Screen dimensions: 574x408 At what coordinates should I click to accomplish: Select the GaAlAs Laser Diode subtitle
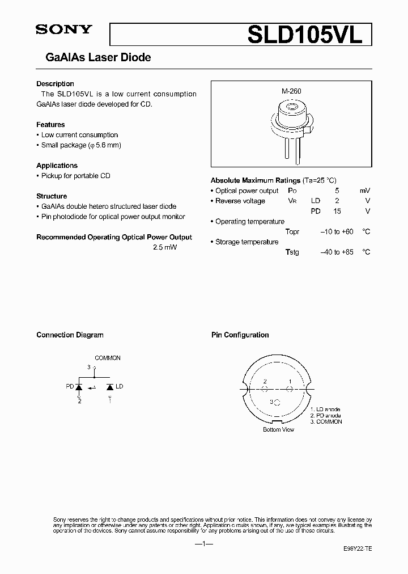pos(93,58)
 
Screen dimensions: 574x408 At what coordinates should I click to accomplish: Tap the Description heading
pos(55,84)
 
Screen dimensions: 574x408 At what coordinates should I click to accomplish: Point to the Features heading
pos(50,125)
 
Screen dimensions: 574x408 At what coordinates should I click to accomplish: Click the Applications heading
pos(57,166)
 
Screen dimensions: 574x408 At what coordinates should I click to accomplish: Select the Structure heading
pos(52,196)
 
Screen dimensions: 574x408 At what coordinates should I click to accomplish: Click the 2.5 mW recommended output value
pos(165,248)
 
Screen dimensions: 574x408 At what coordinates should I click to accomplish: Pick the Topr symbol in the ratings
pos(292,232)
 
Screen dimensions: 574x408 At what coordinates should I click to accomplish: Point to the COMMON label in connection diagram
pos(107,358)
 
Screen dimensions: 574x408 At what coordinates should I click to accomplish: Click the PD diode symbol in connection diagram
pos(79,387)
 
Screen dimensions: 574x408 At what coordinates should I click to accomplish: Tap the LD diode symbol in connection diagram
pos(109,387)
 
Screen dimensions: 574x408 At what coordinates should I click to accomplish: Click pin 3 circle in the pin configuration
pos(276,402)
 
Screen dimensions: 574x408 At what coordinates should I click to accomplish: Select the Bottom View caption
pos(278,430)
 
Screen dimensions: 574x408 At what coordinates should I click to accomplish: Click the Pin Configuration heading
pos(240,335)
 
